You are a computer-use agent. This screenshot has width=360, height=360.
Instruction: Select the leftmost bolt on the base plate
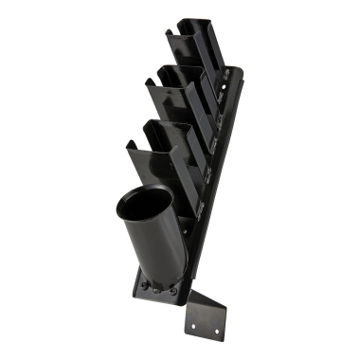coord(143,285)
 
